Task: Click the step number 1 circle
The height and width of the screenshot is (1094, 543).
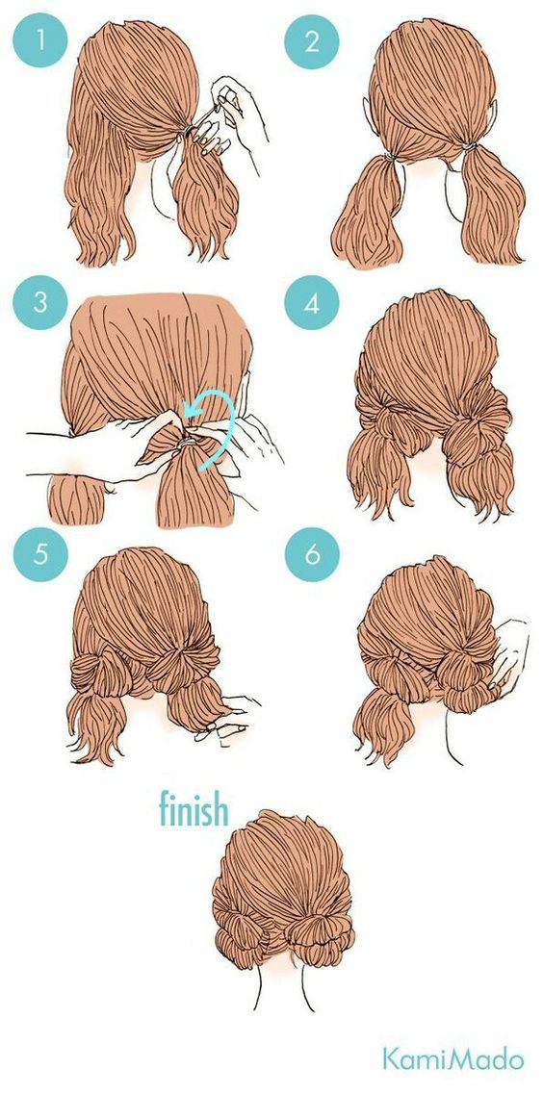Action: (x=40, y=40)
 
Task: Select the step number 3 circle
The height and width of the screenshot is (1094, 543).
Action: (x=40, y=303)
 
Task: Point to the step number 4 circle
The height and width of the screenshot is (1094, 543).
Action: (x=311, y=303)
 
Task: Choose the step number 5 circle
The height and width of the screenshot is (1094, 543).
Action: (x=40, y=554)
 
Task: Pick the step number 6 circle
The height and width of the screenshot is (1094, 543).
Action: (x=311, y=554)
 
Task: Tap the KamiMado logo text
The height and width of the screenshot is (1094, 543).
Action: (x=452, y=1059)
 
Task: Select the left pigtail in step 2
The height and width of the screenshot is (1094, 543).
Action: (x=368, y=210)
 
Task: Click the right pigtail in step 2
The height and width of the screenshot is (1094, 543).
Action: (x=492, y=206)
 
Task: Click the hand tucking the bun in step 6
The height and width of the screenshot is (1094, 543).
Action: (x=508, y=653)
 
